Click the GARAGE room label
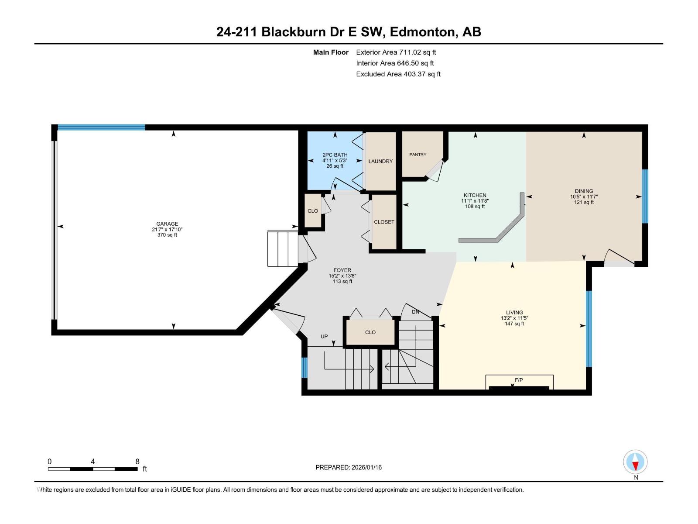point(167,224)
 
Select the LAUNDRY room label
point(380,161)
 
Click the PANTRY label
point(417,155)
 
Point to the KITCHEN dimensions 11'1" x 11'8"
point(475,201)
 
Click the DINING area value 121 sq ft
point(584,202)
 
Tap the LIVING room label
point(514,312)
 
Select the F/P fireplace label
point(519,380)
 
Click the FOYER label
point(342,270)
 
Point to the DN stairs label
point(415,312)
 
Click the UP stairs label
point(324,336)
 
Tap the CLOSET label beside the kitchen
point(384,222)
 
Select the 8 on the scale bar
point(137,462)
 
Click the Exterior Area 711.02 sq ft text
point(396,52)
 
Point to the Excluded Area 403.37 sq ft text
point(398,74)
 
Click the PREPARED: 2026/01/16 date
point(349,467)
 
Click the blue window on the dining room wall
point(645,196)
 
